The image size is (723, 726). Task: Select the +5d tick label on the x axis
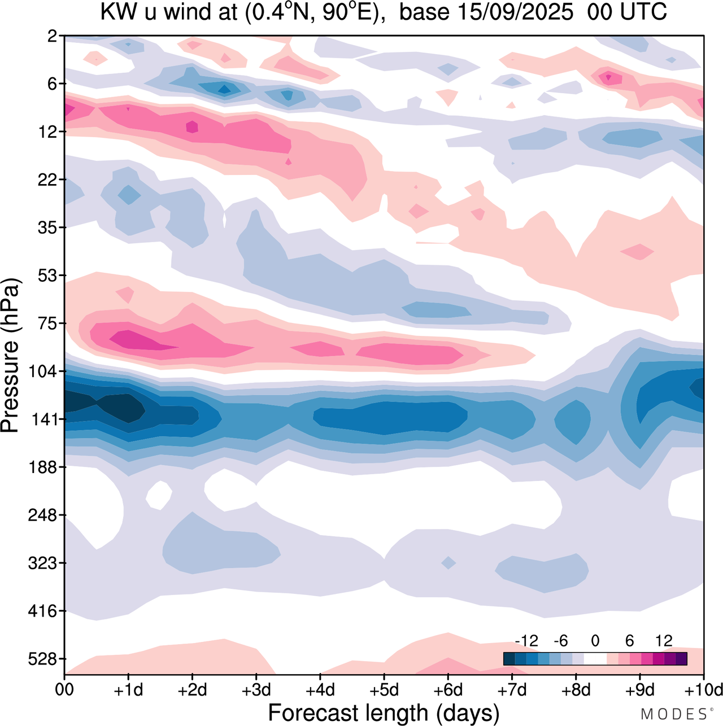coord(384,689)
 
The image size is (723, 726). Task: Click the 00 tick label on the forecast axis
coord(64,689)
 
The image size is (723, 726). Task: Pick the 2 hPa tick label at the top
coord(53,36)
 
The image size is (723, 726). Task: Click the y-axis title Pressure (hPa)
coord(10,356)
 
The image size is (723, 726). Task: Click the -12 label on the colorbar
coord(526,641)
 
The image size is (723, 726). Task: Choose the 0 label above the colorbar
coord(595,641)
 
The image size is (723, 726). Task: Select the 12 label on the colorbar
coord(664,641)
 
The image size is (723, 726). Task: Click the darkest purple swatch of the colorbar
coord(681,659)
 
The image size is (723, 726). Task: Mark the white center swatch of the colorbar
coord(595,659)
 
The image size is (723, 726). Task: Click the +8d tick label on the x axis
coord(576,689)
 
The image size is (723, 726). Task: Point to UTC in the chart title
coord(644,12)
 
